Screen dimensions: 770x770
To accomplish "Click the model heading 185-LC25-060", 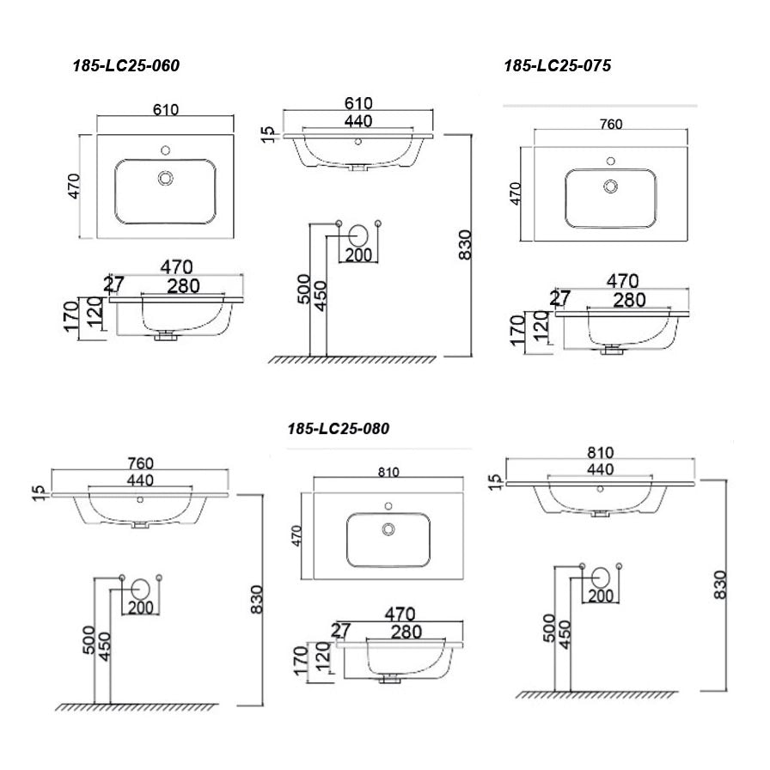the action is pyautogui.click(x=126, y=66).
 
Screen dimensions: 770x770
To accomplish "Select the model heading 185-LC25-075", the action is pyautogui.click(x=558, y=66).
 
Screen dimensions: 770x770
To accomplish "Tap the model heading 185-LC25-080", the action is pyautogui.click(x=339, y=429).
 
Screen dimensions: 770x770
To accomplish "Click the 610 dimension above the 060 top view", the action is pyautogui.click(x=166, y=109).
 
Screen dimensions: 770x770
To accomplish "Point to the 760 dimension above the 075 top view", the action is pyautogui.click(x=611, y=125).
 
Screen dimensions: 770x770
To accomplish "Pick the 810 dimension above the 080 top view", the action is pyautogui.click(x=388, y=472).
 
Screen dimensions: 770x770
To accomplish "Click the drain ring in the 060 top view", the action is pyautogui.click(x=166, y=178).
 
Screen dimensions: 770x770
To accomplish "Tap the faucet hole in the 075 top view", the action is pyautogui.click(x=611, y=161).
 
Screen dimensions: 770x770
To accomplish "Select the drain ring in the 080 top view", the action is pyautogui.click(x=388, y=529).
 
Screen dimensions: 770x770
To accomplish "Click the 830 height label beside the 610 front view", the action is pyautogui.click(x=465, y=245).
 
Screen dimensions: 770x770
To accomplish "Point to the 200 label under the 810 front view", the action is pyautogui.click(x=601, y=596).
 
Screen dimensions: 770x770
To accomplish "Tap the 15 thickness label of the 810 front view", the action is pyautogui.click(x=496, y=482).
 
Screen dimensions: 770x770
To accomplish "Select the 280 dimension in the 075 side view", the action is pyautogui.click(x=629, y=300).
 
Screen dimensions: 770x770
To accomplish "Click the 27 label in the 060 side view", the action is pyautogui.click(x=113, y=284).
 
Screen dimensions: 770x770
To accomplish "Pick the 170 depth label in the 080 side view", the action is pyautogui.click(x=300, y=661).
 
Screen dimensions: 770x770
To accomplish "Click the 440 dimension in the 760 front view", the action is pyautogui.click(x=140, y=480).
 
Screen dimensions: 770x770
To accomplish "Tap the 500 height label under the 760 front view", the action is pyautogui.click(x=89, y=639).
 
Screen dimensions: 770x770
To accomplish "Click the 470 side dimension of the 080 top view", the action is pyautogui.click(x=296, y=535).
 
